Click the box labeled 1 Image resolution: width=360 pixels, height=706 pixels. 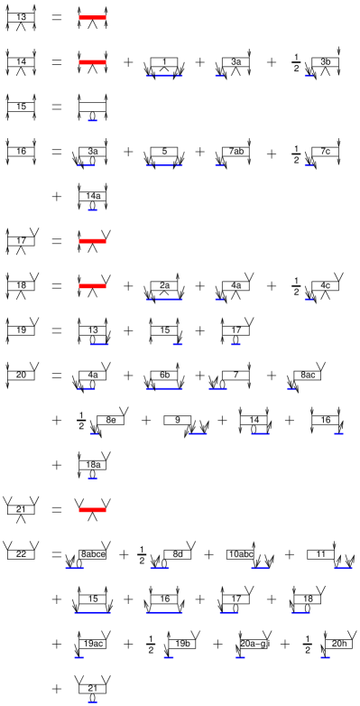click(163, 61)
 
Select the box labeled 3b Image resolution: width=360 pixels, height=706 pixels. click(325, 61)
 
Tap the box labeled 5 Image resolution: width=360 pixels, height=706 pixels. click(163, 151)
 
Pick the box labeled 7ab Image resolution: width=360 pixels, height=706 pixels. click(235, 151)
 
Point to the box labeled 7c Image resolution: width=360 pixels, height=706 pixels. click(325, 151)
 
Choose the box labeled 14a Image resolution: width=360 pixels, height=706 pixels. click(92, 196)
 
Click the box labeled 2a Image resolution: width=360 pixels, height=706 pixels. click(163, 285)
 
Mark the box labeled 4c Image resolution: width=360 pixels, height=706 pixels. click(325, 285)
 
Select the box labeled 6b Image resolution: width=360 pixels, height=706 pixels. click(163, 375)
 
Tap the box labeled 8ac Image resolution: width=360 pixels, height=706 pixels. click(307, 375)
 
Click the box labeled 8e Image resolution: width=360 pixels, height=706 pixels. click(110, 420)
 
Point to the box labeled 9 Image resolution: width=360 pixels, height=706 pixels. click(178, 420)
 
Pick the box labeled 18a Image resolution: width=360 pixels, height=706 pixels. click(92, 464)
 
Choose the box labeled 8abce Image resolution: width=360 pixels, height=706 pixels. click(92, 553)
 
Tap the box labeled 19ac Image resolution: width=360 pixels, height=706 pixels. click(92, 644)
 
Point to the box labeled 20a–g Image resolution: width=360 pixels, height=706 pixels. click(254, 644)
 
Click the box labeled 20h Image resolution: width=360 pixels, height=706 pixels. click(338, 644)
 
